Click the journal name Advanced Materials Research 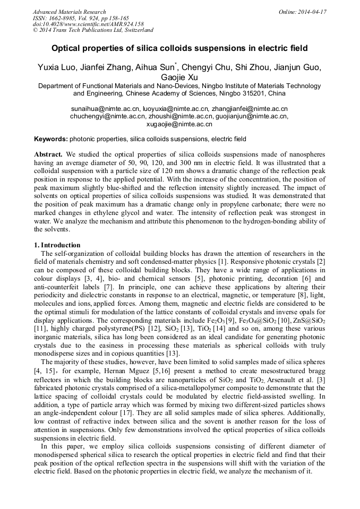click(69, 12)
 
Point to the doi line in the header click(88, 24)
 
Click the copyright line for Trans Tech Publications click(92, 30)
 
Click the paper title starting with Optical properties click(179, 48)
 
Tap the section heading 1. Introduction click(57, 245)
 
